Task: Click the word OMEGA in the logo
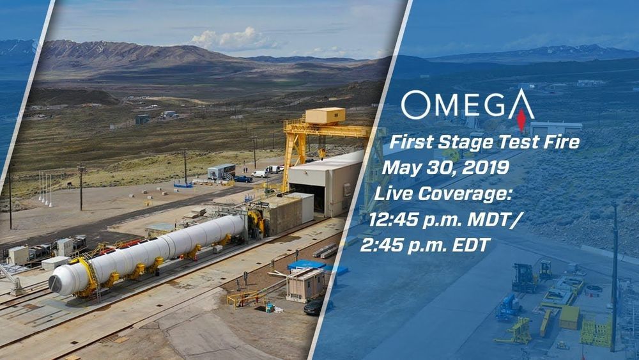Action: click(x=468, y=105)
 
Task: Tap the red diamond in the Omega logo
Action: click(x=521, y=120)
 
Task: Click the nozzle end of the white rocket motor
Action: click(x=56, y=284)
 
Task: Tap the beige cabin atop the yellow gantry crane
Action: click(x=325, y=115)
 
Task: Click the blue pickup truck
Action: click(x=243, y=178)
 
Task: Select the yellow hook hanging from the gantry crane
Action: click(x=322, y=154)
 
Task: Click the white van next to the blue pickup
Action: click(x=259, y=174)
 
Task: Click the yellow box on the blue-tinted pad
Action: click(x=569, y=317)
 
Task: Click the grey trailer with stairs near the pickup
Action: click(x=222, y=171)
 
